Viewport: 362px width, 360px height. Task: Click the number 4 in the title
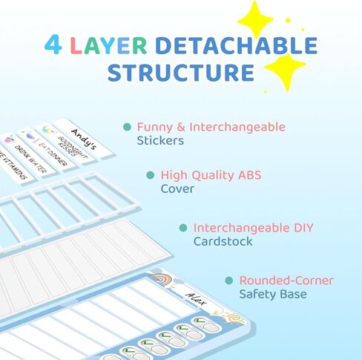pyautogui.click(x=53, y=45)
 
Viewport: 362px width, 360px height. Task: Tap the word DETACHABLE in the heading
pyautogui.click(x=237, y=45)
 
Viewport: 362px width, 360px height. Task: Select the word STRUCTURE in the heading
pyautogui.click(x=181, y=72)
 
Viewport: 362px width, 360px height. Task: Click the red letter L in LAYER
pyautogui.click(x=76, y=45)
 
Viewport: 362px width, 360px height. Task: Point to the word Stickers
pyautogui.click(x=160, y=140)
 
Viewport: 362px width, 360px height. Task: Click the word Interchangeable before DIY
pyautogui.click(x=241, y=227)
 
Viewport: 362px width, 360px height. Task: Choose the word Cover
pyautogui.click(x=177, y=189)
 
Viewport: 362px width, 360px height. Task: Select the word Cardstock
pyautogui.click(x=223, y=241)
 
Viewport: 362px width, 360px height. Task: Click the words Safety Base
pyautogui.click(x=273, y=294)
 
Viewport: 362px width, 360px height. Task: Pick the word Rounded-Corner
pyautogui.click(x=286, y=281)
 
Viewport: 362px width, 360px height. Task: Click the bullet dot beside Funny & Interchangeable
pyautogui.click(x=127, y=127)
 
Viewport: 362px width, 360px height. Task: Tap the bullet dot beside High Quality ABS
pyautogui.click(x=150, y=175)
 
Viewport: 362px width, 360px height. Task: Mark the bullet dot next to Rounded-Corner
pyautogui.click(x=229, y=281)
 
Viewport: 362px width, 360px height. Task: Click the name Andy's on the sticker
pyautogui.click(x=84, y=140)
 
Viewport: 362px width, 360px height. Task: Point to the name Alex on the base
pyautogui.click(x=195, y=298)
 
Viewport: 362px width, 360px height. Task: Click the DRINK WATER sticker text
pyautogui.click(x=30, y=159)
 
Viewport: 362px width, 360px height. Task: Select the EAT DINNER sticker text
pyautogui.click(x=53, y=154)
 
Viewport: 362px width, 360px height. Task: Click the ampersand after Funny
pyautogui.click(x=181, y=127)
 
